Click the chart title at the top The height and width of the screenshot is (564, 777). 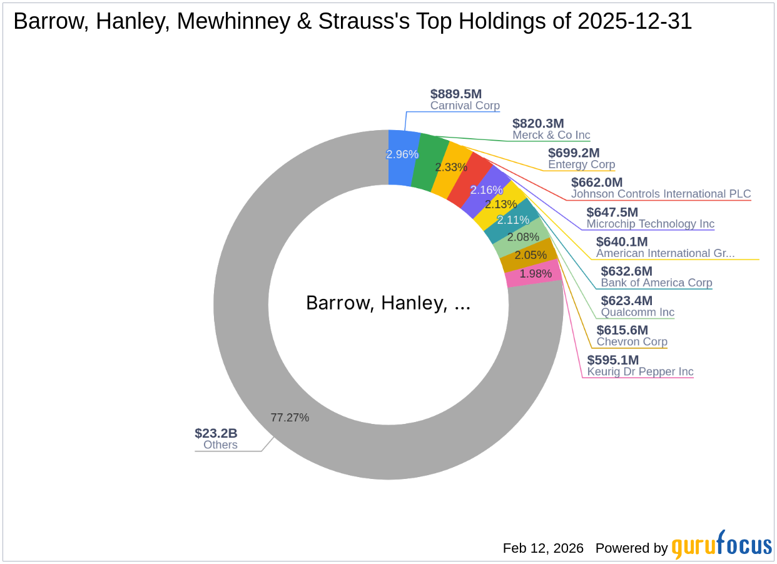tap(353, 22)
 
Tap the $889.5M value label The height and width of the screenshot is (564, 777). tap(456, 94)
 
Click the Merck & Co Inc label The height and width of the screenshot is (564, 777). tap(551, 135)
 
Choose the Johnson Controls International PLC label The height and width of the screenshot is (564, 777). tap(661, 194)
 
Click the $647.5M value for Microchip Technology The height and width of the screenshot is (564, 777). tap(612, 212)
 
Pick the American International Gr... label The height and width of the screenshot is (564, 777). tap(665, 253)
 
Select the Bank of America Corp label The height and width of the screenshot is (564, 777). tap(656, 283)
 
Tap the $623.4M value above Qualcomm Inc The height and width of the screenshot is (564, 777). tap(627, 301)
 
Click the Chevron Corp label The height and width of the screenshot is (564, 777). tap(632, 341)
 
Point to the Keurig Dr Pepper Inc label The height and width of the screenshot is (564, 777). tap(640, 371)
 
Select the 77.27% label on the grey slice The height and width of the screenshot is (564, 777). tap(290, 418)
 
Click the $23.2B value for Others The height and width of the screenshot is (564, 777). tap(216, 433)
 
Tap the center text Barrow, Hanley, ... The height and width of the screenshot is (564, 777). tap(388, 303)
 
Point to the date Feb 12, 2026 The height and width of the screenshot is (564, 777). tap(543, 548)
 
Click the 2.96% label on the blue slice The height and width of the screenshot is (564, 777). tap(402, 154)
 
